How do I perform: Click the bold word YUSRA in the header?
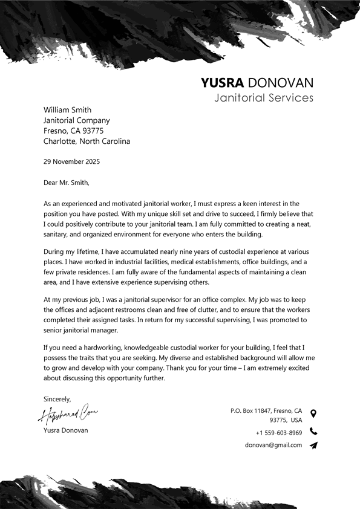222,83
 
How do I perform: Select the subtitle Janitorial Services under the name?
264,97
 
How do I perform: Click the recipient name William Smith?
67,110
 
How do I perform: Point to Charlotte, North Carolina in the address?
87,141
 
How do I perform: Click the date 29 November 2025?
71,161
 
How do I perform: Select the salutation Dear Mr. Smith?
66,182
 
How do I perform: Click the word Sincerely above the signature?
57,399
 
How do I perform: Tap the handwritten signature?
68,415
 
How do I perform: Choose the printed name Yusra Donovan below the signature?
65,430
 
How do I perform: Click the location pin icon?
313,413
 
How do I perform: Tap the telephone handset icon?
313,432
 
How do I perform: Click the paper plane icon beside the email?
313,446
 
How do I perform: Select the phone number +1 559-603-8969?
278,433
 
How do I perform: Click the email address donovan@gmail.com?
273,445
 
